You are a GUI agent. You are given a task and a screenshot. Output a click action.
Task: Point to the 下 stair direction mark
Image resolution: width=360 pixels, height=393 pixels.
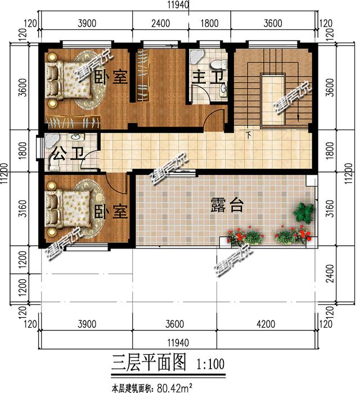pos(248,135)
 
